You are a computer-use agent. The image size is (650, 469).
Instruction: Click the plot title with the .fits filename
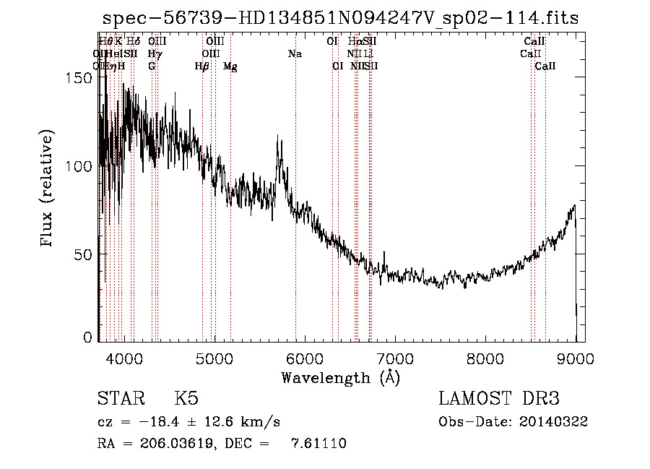(x=341, y=18)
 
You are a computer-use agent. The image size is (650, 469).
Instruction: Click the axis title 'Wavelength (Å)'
(x=340, y=377)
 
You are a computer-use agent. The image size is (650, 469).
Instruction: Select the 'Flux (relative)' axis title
(x=48, y=189)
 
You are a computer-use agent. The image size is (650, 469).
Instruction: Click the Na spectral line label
(x=295, y=54)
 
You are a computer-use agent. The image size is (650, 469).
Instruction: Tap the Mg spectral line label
(x=230, y=66)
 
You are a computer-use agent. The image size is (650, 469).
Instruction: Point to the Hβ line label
(x=202, y=66)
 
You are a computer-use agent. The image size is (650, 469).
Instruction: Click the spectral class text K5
(x=186, y=399)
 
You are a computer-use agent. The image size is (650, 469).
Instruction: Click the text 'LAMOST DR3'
(x=499, y=399)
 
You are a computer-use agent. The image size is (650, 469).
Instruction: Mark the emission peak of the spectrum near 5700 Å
(x=279, y=137)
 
